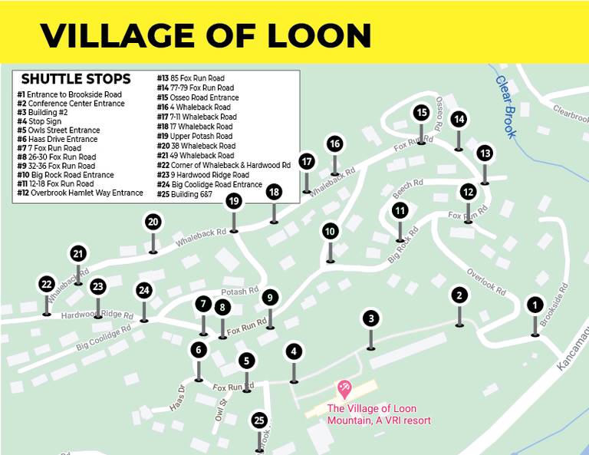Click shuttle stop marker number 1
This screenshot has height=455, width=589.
535,305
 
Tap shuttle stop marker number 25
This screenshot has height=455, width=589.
259,420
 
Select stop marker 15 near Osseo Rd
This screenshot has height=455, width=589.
421,113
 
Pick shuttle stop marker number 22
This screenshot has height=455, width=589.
47,285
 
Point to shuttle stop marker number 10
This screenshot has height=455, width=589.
330,231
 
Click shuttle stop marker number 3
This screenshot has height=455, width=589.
370,318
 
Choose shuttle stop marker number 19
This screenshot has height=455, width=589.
234,201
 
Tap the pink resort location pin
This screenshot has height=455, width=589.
344,389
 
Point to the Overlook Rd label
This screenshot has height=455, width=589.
486,282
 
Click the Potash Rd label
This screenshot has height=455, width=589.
239,292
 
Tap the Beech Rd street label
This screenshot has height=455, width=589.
407,184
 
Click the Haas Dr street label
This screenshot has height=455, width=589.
177,398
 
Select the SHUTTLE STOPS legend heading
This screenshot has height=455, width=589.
76,79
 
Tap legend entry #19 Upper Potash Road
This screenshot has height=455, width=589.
195,136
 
